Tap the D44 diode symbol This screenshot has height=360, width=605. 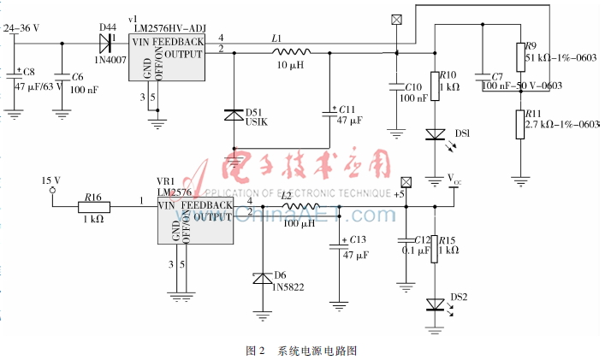coord(109,40)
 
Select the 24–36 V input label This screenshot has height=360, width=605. coord(22,28)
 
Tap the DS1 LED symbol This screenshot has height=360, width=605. coord(434,133)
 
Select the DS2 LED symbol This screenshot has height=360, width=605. coord(434,304)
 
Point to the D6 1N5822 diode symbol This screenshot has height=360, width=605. coord(264,278)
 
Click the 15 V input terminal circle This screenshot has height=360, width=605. coord(52,192)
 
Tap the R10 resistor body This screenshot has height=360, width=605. coord(434,86)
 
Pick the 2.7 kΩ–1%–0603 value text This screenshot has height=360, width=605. coord(561,125)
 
